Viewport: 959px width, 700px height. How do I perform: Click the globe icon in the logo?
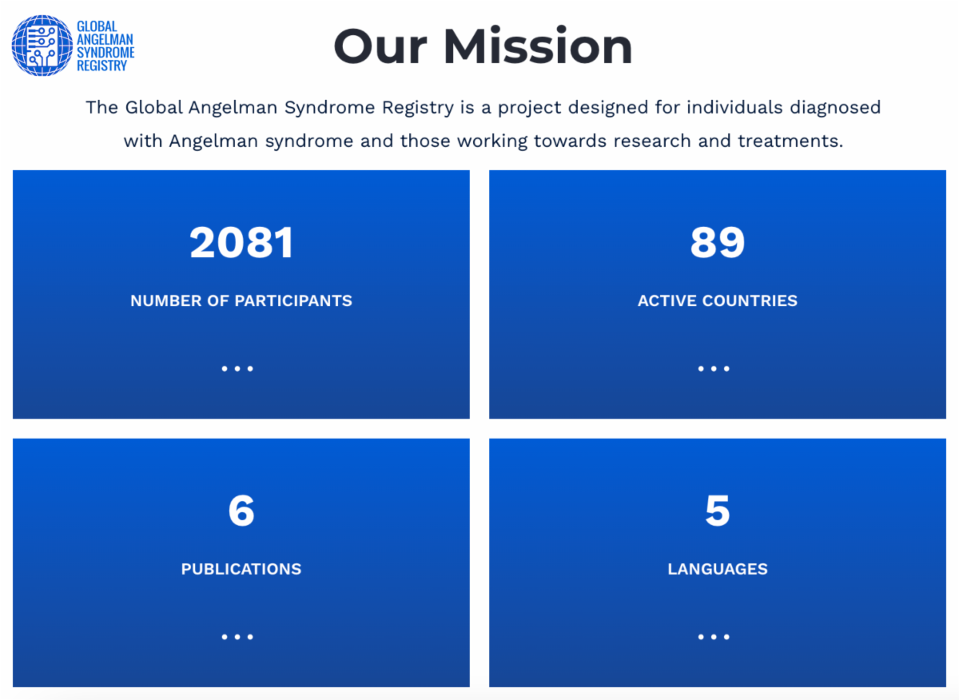point(42,46)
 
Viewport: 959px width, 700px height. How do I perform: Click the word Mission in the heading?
point(538,46)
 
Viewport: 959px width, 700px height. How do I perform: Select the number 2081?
point(241,243)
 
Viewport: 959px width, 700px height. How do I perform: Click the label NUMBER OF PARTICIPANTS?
point(241,301)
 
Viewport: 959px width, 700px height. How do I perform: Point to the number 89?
point(717,243)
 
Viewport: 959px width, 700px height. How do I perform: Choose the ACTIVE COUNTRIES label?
point(717,301)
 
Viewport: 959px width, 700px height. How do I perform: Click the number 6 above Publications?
point(241,511)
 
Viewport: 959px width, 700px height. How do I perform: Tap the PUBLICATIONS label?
point(241,570)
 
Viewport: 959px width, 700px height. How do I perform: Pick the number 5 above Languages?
point(717,511)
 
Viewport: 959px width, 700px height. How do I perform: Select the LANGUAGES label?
point(717,570)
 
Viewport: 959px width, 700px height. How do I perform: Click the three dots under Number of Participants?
point(237,368)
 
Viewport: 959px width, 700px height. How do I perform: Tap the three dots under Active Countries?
point(714,368)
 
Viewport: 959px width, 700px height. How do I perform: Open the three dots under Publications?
point(237,637)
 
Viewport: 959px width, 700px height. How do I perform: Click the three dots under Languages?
point(714,637)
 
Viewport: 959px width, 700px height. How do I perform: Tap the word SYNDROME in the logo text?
point(105,52)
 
